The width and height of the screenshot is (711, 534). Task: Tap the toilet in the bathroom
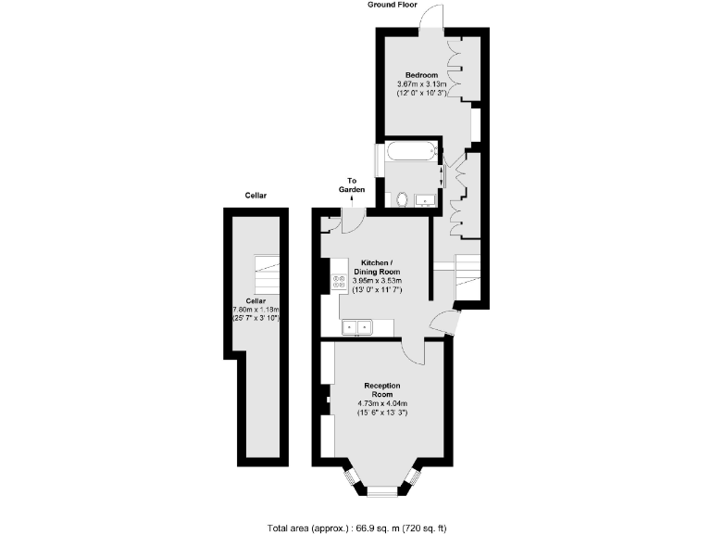(403, 198)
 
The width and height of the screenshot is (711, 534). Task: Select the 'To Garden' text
(352, 184)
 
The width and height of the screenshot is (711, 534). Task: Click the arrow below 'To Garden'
(352, 199)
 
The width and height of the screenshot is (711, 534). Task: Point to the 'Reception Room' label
(382, 389)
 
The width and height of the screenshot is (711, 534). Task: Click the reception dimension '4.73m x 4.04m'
(382, 403)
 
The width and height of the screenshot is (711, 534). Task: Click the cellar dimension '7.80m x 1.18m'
(256, 310)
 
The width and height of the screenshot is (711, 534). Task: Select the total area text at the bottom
(356, 528)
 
